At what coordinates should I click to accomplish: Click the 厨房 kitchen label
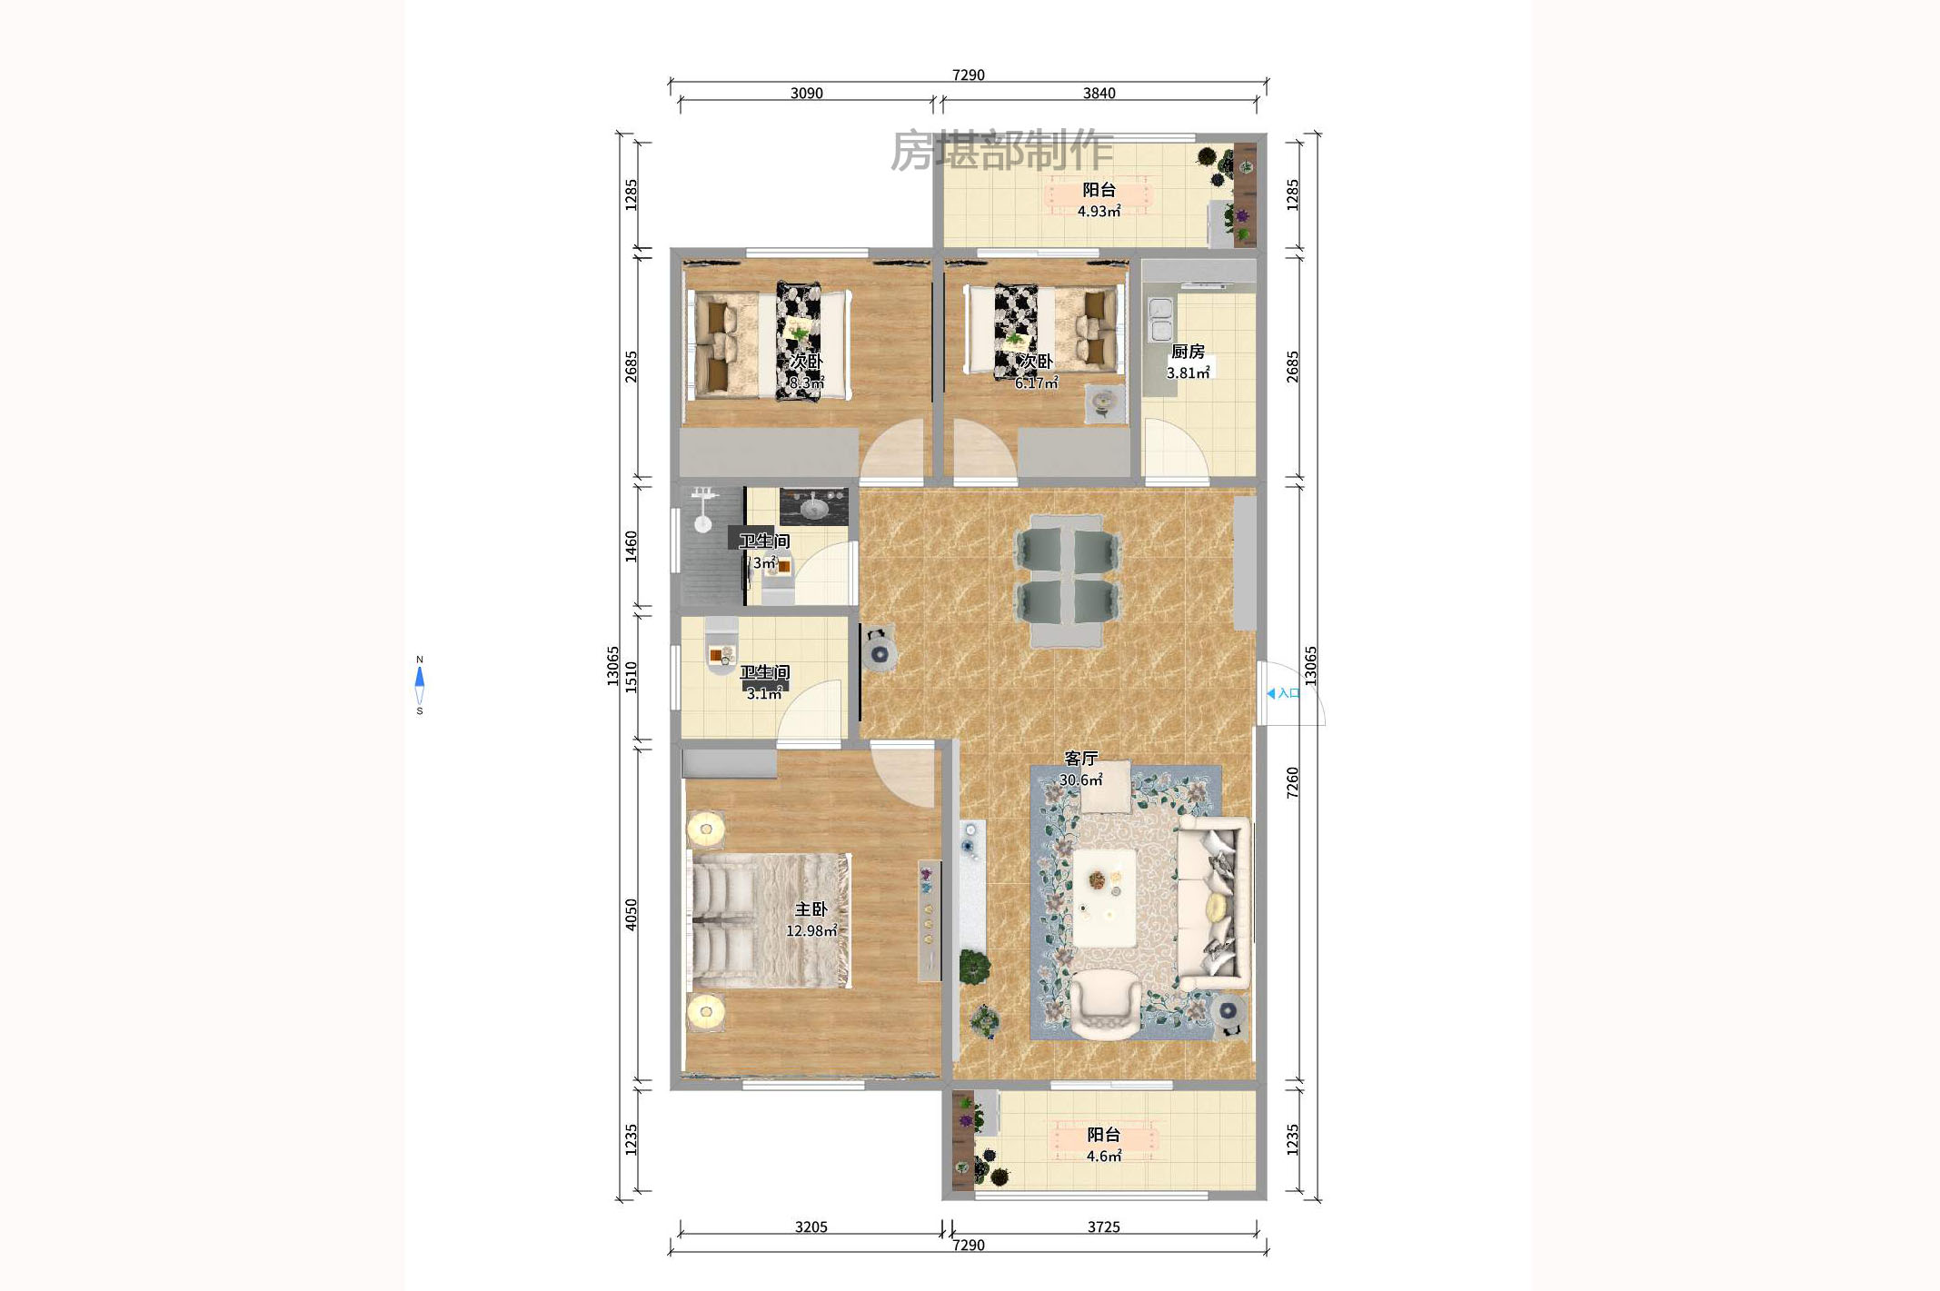tap(1188, 352)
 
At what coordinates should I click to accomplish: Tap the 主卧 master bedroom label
tap(811, 909)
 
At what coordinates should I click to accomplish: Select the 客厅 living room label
tap(1081, 758)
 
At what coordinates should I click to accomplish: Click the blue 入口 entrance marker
tap(1283, 693)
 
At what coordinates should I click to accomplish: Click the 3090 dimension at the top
tap(806, 93)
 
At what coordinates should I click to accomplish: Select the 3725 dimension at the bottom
tap(1103, 1226)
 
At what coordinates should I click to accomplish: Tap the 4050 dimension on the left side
tap(631, 914)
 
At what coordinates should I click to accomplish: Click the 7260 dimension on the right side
tap(1292, 782)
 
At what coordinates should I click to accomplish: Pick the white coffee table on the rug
tap(1104, 898)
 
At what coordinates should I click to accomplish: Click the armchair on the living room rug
tap(1105, 1004)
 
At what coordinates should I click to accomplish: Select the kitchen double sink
tap(1161, 319)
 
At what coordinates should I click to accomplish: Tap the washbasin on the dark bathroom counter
tap(813, 507)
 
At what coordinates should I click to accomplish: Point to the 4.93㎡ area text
tap(1099, 212)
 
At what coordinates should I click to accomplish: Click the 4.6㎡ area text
tap(1103, 1157)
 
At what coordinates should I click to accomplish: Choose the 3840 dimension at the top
tap(1099, 93)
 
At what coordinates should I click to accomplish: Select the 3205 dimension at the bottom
tap(811, 1226)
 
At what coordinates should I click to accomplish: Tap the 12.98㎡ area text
tap(811, 931)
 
